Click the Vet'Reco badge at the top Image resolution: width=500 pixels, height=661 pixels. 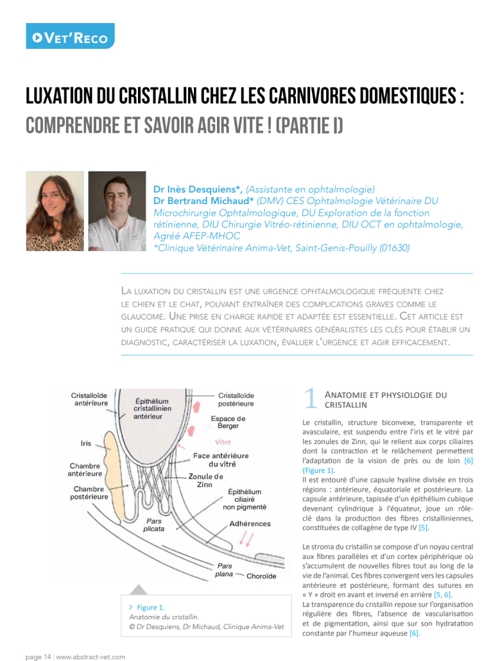click(x=71, y=37)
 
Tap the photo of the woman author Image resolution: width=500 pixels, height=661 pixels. click(x=55, y=211)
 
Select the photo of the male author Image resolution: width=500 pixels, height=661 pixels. click(x=117, y=211)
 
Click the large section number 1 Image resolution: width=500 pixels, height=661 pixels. click(x=309, y=399)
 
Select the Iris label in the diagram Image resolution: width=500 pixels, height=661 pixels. click(x=86, y=443)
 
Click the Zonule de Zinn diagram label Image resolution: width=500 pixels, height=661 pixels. click(x=205, y=481)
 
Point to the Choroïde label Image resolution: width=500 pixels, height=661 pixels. click(x=261, y=576)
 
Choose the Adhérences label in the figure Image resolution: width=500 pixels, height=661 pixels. click(x=250, y=524)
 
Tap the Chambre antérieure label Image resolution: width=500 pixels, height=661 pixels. click(x=85, y=469)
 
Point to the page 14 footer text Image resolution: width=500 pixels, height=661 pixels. click(x=38, y=657)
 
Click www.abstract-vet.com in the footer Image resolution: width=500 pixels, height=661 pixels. click(x=91, y=657)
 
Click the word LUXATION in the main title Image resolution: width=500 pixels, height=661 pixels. click(x=67, y=98)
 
